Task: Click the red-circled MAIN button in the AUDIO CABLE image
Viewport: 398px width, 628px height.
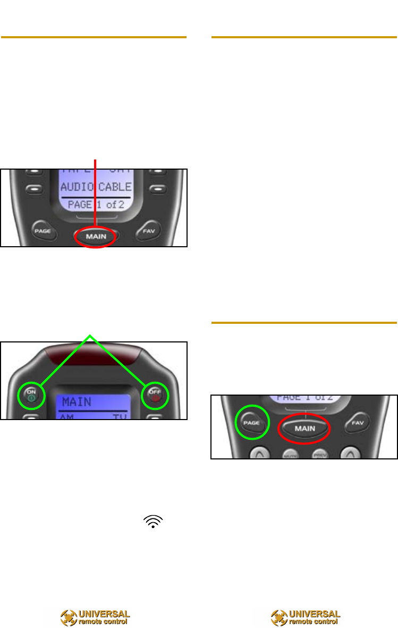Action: (x=95, y=236)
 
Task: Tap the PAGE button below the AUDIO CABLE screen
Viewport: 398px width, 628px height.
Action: (x=41, y=232)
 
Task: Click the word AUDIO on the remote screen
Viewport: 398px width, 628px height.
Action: (x=78, y=188)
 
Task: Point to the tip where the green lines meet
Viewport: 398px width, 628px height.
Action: (x=91, y=335)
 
